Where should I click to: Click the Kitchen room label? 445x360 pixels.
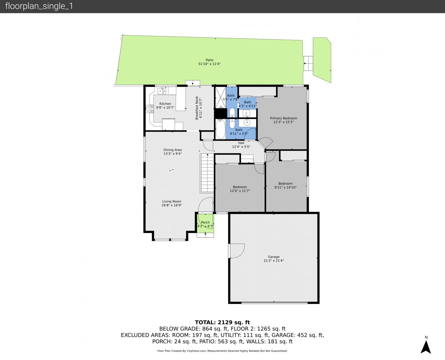click(x=165, y=104)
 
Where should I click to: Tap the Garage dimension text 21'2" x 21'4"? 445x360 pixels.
click(x=274, y=261)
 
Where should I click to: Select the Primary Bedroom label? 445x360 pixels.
click(x=284, y=118)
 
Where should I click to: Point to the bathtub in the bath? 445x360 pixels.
click(x=220, y=129)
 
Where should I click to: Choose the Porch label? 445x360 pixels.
click(x=205, y=222)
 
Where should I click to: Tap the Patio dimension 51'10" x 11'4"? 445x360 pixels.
click(x=209, y=64)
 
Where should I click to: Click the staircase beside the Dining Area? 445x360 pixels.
click(x=207, y=173)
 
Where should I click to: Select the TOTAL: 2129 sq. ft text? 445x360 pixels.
click(x=222, y=322)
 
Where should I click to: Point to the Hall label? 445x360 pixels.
click(x=241, y=143)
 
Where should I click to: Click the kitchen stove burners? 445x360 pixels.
click(x=150, y=109)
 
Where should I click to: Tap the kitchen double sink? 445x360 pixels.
click(x=162, y=91)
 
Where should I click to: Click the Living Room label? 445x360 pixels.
click(x=172, y=201)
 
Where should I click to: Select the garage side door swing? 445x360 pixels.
click(x=237, y=251)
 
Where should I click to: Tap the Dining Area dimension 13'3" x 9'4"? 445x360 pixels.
click(x=173, y=154)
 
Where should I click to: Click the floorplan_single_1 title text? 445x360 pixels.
click(x=39, y=6)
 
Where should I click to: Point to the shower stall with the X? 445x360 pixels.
click(x=221, y=98)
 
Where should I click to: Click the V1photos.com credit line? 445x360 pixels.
click(x=222, y=351)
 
